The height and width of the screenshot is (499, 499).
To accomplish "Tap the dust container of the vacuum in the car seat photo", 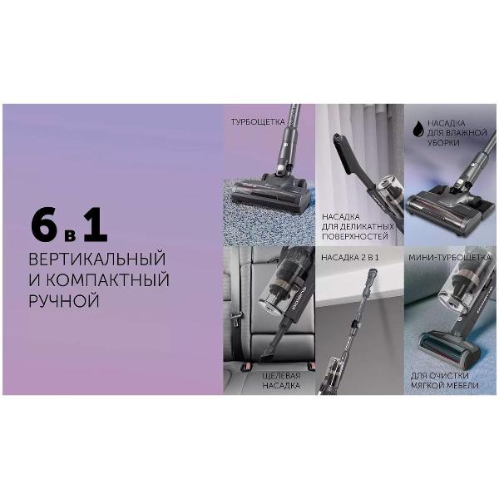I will pos(277,295).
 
